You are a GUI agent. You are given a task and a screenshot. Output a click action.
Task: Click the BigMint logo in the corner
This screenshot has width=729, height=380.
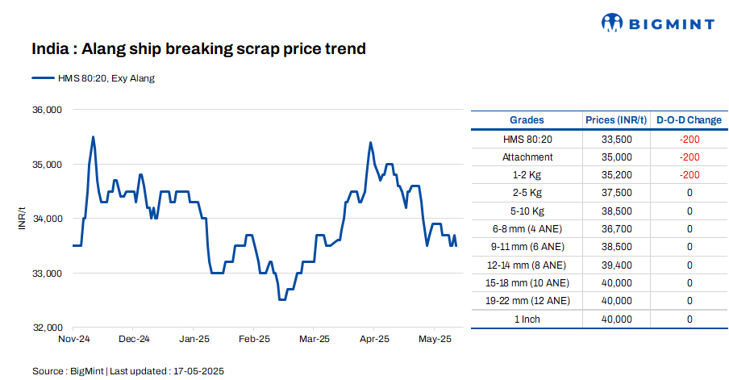pos(658,23)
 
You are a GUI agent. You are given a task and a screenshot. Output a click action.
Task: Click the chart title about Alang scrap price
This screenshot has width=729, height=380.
pos(199,49)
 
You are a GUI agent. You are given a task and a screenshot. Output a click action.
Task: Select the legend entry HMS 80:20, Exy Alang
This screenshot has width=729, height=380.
pos(93,78)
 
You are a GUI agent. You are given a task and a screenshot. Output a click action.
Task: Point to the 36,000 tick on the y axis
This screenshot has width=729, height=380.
pos(46,110)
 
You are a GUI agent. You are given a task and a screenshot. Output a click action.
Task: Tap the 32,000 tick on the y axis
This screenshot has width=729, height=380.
pos(46,328)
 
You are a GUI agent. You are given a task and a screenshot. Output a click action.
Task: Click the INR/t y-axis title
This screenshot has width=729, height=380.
pos(23,219)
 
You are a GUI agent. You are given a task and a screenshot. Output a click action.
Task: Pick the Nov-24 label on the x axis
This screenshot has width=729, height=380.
pos(73,340)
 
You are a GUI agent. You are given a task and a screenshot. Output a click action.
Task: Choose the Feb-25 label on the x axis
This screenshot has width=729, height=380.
pos(254,340)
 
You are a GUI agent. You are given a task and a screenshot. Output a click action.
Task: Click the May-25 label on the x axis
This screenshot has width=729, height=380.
pos(434,340)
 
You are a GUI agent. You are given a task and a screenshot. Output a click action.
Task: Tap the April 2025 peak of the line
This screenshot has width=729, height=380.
pos(370,143)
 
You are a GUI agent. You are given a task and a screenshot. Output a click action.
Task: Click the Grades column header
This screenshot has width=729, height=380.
pos(527,120)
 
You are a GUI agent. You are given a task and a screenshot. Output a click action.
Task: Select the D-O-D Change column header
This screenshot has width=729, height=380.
pos(689,120)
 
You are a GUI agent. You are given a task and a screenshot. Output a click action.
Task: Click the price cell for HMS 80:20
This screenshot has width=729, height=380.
pos(616,140)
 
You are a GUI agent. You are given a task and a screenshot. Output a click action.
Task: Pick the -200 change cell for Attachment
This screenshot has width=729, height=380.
pos(689,157)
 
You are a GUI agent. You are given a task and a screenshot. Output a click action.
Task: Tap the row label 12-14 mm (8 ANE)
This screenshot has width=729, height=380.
pos(527,265)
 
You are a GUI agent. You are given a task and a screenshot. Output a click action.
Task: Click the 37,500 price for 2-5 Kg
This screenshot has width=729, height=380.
pos(616,193)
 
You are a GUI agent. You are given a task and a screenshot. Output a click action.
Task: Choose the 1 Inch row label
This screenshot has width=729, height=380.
pos(527,319)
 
